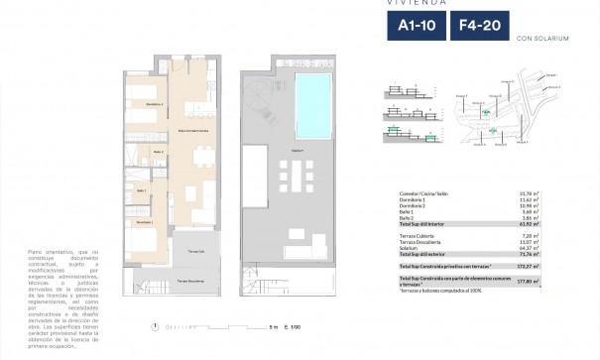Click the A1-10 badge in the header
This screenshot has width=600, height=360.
(412, 27)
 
